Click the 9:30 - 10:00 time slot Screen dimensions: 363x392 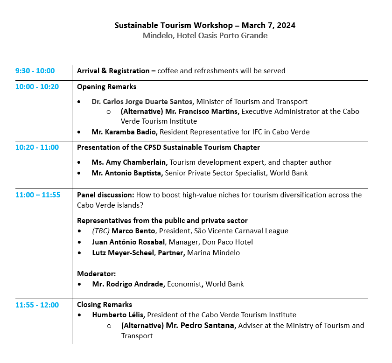tap(35, 71)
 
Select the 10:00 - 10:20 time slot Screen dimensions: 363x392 tap(37, 86)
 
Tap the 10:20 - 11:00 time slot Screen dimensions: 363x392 tap(37, 147)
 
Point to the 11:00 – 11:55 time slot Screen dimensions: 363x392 tap(38, 195)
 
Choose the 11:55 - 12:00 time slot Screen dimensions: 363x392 tap(37, 305)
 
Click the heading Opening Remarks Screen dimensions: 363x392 tap(106, 87)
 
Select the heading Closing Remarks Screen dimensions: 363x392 tap(105, 305)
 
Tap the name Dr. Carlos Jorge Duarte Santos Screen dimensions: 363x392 tap(143, 102)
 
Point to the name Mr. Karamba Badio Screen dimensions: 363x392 tap(125, 132)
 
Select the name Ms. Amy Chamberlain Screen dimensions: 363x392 tap(129, 162)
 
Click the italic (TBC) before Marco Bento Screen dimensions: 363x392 tap(100, 231)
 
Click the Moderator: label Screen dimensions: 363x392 tap(97, 273)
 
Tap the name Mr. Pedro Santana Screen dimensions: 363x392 tap(200, 326)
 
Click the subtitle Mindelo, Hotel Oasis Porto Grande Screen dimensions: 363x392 tap(205, 36)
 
